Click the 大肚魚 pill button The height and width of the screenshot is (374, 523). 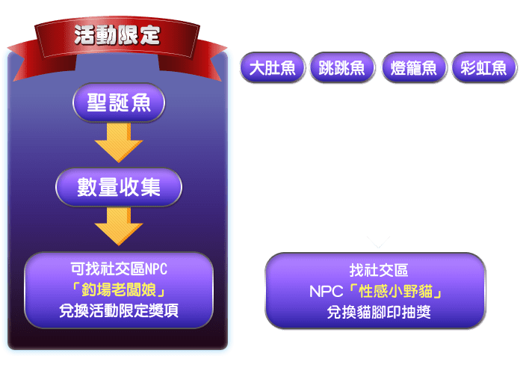coord(273,67)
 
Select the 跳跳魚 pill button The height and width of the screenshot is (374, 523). coord(342,67)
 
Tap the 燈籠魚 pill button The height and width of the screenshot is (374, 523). coord(414,67)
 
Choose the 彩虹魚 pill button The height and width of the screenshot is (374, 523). coord(484,67)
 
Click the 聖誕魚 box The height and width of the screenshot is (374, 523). coord(119,102)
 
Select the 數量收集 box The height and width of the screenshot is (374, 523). coord(119,187)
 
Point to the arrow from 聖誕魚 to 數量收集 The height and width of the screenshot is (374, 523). coord(119,143)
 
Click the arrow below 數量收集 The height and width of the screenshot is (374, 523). coord(119,227)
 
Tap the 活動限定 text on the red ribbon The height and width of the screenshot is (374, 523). coord(117,35)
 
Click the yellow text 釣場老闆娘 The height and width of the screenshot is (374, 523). coord(119,290)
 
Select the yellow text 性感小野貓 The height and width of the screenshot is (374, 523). coord(395,292)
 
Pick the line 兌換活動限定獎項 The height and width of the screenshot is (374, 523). coord(119,310)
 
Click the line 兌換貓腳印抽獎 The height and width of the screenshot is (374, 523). coord(379,312)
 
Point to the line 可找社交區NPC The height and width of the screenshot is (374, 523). coord(119,269)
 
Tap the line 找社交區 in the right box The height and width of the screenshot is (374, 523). coord(379,270)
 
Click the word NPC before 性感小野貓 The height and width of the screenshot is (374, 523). coord(327,292)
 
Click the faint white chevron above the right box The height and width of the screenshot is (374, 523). coord(378,242)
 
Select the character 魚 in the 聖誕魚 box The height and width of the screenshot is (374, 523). coord(140,102)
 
